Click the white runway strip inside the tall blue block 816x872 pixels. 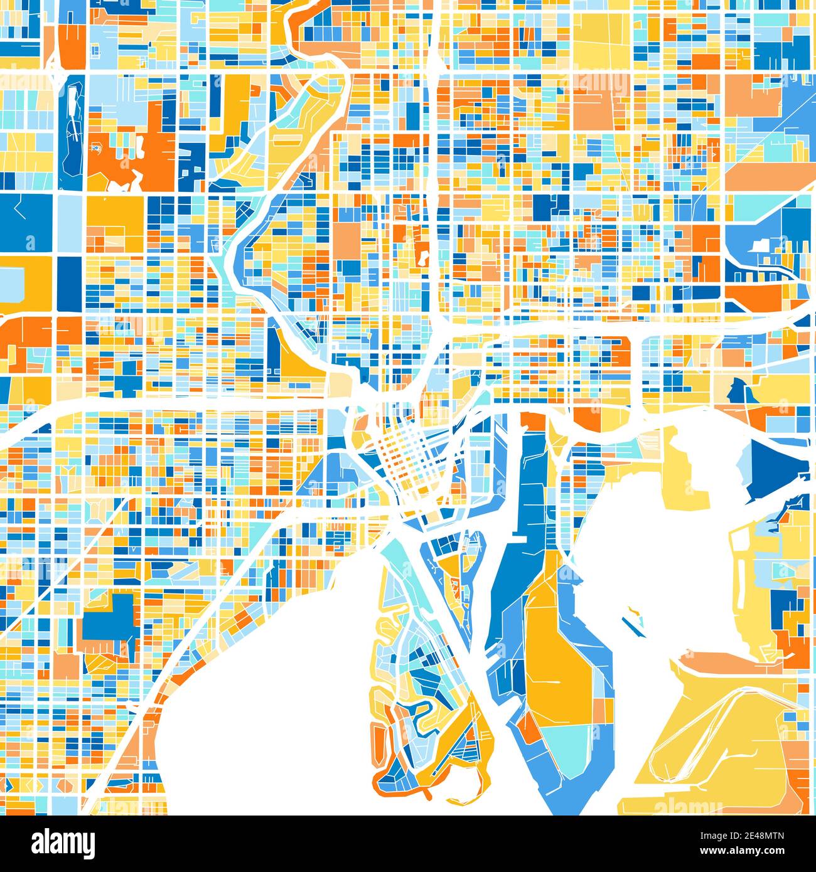tap(73, 119)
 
